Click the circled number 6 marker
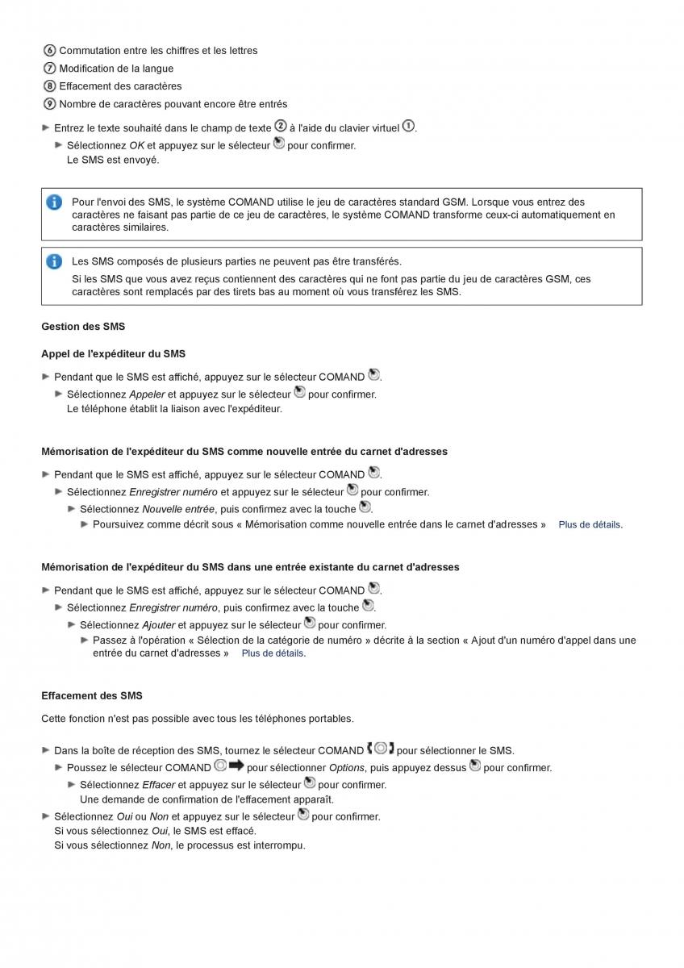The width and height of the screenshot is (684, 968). [49, 51]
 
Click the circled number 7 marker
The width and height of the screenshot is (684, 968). [49, 69]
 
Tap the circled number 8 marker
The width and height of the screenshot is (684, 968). [49, 86]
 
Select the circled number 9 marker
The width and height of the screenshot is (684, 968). [49, 104]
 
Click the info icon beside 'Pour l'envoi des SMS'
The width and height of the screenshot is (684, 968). [54, 202]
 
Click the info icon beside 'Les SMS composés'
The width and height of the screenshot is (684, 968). [54, 261]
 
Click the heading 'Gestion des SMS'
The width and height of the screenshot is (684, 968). [83, 327]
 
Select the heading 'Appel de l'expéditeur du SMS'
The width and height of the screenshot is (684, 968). [113, 353]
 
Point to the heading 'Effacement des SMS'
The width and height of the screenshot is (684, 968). [91, 695]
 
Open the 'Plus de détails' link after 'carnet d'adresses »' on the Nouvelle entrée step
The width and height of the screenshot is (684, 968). [589, 524]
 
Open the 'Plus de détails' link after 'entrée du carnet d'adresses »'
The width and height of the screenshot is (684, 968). [273, 653]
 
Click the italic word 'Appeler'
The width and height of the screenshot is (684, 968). [147, 394]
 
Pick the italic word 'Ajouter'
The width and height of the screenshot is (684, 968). [158, 625]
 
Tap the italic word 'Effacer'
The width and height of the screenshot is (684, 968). [158, 785]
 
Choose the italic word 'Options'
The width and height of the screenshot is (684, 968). [347, 768]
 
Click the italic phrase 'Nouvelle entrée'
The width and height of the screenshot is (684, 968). [178, 509]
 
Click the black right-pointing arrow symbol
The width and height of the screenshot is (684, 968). [236, 766]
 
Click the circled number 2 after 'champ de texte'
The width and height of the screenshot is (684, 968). [281, 126]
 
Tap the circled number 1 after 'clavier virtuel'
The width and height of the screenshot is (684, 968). [408, 126]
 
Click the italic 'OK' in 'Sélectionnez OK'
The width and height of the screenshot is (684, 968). [136, 146]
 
